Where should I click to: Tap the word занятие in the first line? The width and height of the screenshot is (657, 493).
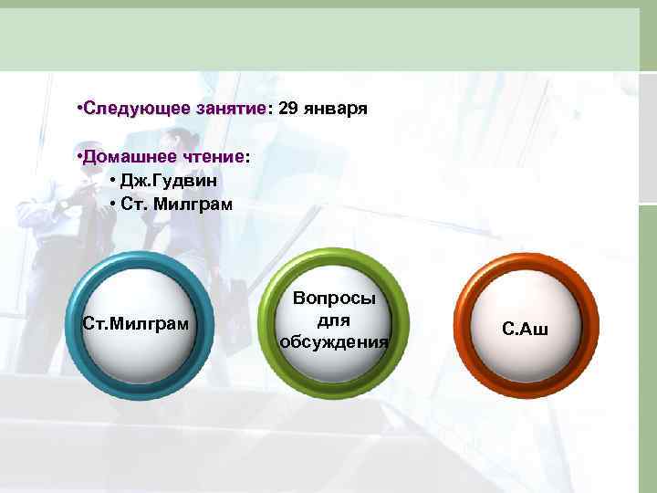click(230, 110)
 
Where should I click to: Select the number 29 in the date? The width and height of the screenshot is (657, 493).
click(288, 110)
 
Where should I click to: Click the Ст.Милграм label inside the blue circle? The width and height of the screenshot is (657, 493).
click(136, 323)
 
